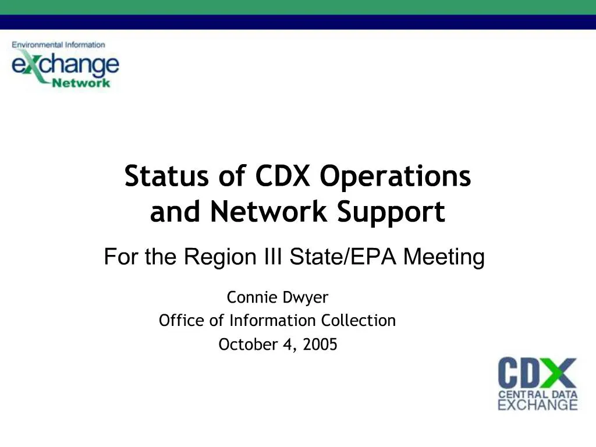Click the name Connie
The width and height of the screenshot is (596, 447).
[x=244, y=298]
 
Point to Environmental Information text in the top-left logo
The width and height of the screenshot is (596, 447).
[x=58, y=45]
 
